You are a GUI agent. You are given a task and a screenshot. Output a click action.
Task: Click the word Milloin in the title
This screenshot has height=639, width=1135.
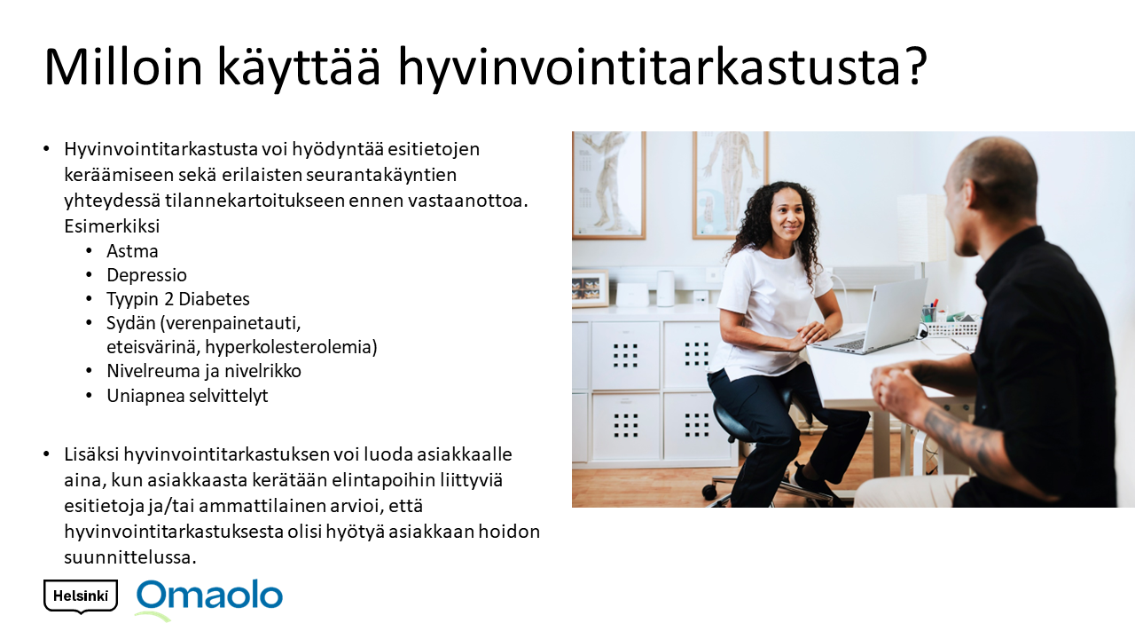click(x=123, y=67)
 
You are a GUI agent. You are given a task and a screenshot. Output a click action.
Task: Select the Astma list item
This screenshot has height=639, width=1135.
click(x=132, y=251)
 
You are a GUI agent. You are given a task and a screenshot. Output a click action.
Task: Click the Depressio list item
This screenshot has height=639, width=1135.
click(x=146, y=275)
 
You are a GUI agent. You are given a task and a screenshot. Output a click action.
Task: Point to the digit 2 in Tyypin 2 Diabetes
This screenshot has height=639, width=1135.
click(x=168, y=299)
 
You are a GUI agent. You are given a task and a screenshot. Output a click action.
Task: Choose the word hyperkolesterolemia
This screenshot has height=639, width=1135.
click(x=292, y=347)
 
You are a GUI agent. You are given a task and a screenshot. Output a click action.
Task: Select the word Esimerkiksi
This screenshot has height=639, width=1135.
click(x=112, y=225)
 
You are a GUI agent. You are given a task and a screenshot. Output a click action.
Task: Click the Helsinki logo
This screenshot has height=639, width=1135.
click(x=81, y=596)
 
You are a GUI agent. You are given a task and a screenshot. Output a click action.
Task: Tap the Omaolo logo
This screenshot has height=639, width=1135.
click(x=209, y=598)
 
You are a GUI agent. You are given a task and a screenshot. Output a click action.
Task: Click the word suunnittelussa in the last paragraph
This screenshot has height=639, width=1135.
click(x=129, y=557)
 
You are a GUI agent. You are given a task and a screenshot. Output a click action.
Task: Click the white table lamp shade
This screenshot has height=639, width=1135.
click(x=921, y=228)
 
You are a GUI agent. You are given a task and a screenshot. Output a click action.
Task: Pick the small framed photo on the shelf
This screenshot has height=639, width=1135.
click(x=591, y=289)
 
